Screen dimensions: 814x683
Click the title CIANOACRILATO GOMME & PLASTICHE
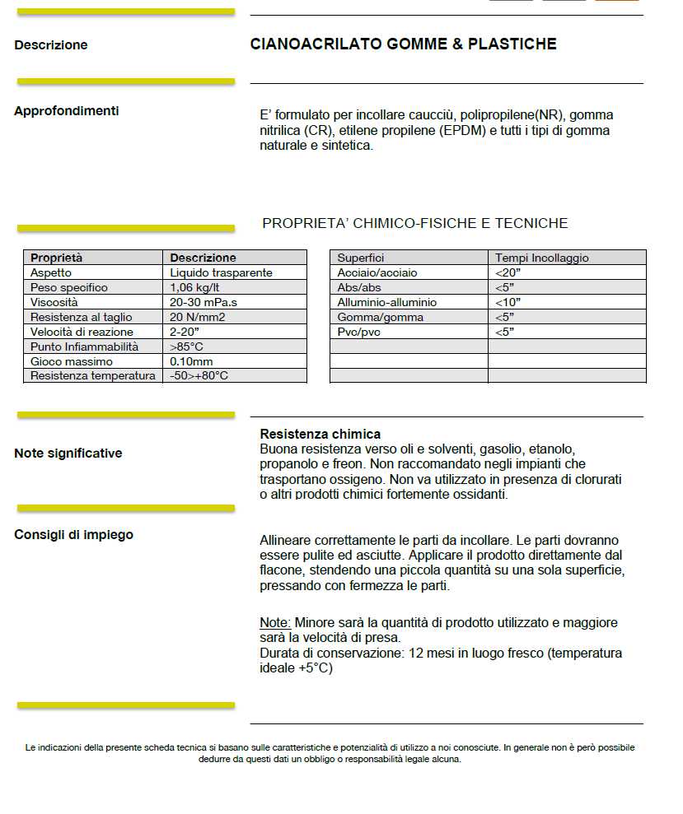(x=403, y=44)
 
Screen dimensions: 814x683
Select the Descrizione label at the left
(x=51, y=45)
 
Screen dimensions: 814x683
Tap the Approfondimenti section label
(x=67, y=111)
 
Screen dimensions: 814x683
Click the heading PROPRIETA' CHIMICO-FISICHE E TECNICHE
(x=414, y=224)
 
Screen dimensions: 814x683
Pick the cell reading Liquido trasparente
(x=221, y=272)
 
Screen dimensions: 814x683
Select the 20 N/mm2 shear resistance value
(x=198, y=317)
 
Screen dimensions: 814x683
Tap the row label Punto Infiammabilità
(x=84, y=347)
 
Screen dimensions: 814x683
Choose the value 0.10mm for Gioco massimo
(x=191, y=361)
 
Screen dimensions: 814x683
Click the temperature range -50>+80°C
(x=199, y=376)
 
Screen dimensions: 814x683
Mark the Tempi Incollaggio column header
(x=542, y=258)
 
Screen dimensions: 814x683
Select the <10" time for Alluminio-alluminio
(x=508, y=302)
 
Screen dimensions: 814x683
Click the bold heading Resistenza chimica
(x=320, y=434)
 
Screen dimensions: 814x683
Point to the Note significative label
(x=68, y=454)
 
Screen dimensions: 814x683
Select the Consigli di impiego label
(x=73, y=535)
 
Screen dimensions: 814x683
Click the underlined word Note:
(x=275, y=623)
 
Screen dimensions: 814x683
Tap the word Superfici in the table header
(x=361, y=258)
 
